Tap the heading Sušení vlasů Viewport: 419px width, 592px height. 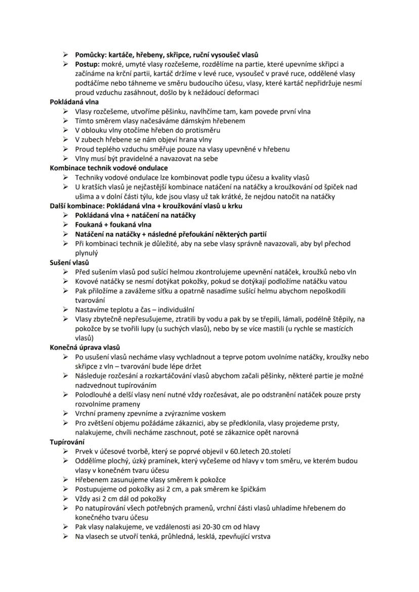click(69, 262)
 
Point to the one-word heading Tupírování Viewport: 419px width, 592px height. click(67, 442)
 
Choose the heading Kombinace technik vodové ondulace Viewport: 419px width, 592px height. click(109, 168)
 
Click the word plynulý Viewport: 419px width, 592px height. click(87, 253)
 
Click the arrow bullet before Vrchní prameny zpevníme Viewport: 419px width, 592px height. click(66, 414)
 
